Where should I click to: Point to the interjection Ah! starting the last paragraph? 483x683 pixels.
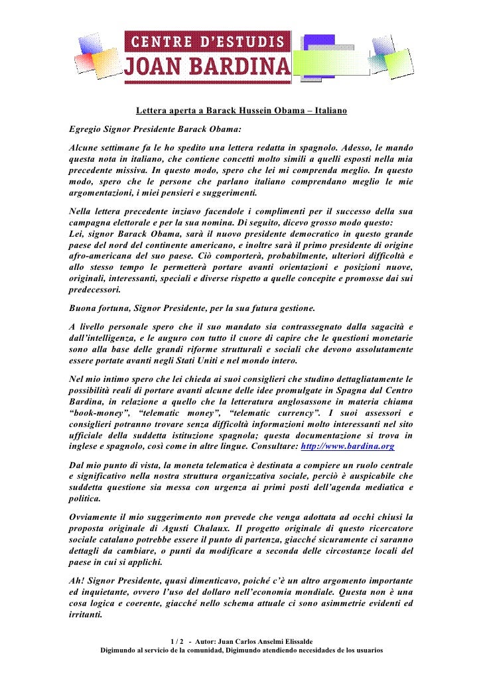click(x=76, y=580)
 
